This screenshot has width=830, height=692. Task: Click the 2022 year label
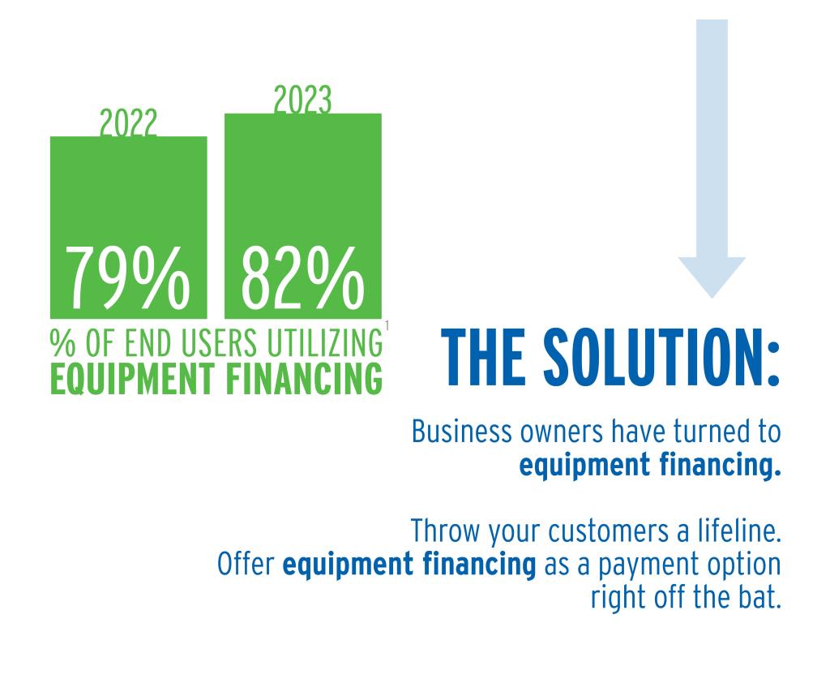[x=129, y=123]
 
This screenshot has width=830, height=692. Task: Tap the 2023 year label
[x=302, y=100]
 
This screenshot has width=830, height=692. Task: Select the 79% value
[x=127, y=278]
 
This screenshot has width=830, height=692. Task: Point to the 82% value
[x=303, y=278]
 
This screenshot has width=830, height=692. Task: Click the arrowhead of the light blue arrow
[x=712, y=277]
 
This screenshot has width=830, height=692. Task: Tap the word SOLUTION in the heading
[x=661, y=357]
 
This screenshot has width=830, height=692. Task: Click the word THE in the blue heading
[x=483, y=357]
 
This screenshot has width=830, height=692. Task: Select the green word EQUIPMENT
[x=132, y=378]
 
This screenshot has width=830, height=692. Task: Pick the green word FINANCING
[x=305, y=378]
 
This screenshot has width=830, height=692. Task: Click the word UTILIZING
[x=324, y=343]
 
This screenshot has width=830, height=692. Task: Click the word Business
[x=462, y=432]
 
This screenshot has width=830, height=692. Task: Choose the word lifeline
[x=740, y=531]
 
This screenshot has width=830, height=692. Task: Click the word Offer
[x=246, y=564]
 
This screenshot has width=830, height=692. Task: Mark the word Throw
[x=445, y=531]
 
